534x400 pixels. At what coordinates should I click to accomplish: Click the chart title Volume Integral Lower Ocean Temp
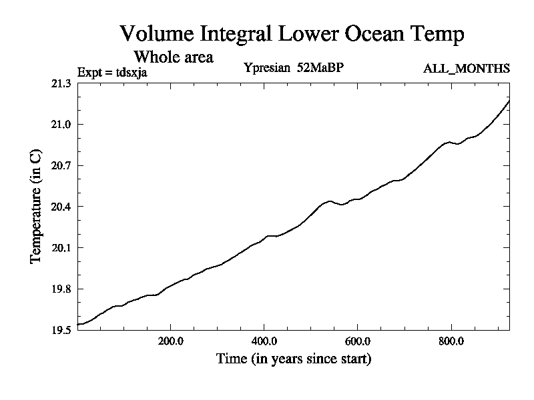pos(291,34)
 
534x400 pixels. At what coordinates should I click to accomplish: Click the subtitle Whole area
pos(174,57)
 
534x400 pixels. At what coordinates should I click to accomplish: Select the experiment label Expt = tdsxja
pos(112,71)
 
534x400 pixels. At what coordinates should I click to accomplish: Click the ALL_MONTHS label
pos(467,69)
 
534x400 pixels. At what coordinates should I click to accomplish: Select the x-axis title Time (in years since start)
pos(294,359)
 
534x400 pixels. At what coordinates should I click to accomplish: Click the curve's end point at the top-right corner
pos(509,101)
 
